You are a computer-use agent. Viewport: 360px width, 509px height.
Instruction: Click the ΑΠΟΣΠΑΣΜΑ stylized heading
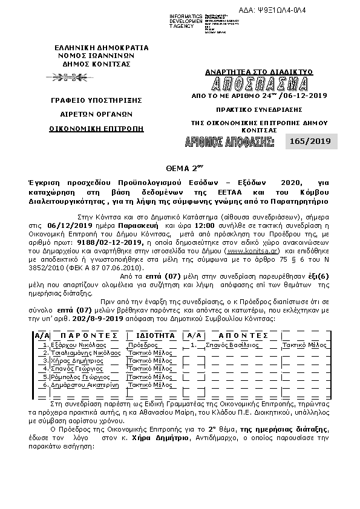coord(260,83)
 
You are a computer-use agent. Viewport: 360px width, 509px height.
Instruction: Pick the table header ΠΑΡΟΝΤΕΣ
coord(85,335)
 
